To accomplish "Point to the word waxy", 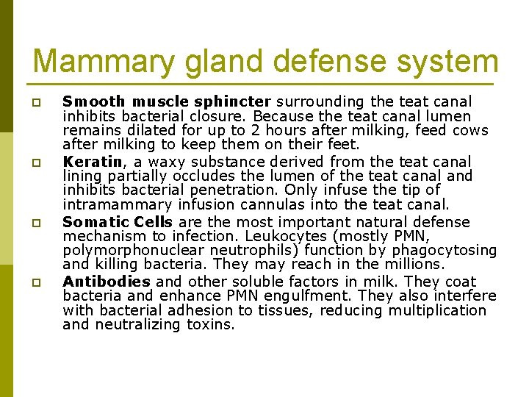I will [154, 161].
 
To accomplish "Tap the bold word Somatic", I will [90, 221].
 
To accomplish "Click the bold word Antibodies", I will [107, 282].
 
